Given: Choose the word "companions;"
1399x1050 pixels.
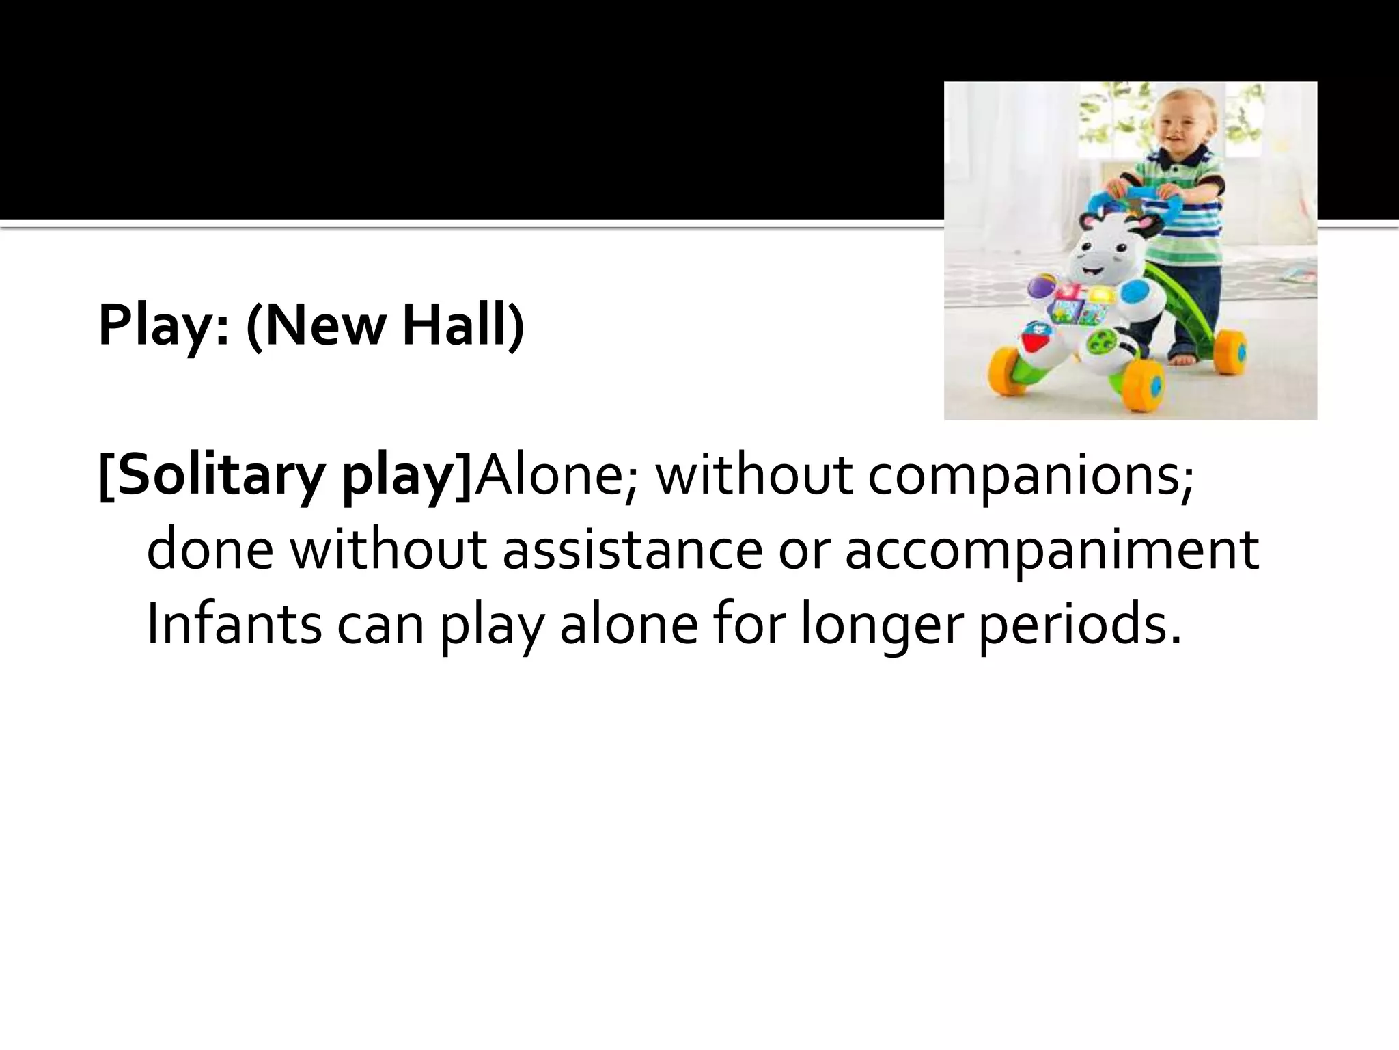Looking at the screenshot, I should pyautogui.click(x=1031, y=478).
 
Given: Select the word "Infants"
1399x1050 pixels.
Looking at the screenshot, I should pyautogui.click(x=234, y=624).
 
